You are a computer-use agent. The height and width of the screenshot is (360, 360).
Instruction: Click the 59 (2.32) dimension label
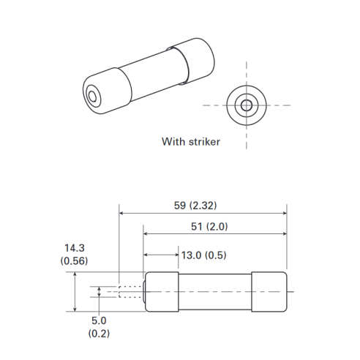tap(195, 206)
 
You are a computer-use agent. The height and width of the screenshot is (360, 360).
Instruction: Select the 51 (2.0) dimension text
tap(209, 227)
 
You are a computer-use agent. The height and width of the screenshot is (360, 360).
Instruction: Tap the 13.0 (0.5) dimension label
tap(204, 255)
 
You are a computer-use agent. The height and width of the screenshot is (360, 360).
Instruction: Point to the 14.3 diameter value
tap(75, 248)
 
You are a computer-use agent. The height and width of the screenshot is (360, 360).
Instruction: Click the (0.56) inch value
tap(74, 261)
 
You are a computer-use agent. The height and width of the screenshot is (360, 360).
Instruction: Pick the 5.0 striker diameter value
tap(99, 320)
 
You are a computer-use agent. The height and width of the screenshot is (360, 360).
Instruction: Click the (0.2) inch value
tap(99, 334)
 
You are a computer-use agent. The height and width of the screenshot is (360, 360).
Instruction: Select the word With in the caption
tap(173, 142)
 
